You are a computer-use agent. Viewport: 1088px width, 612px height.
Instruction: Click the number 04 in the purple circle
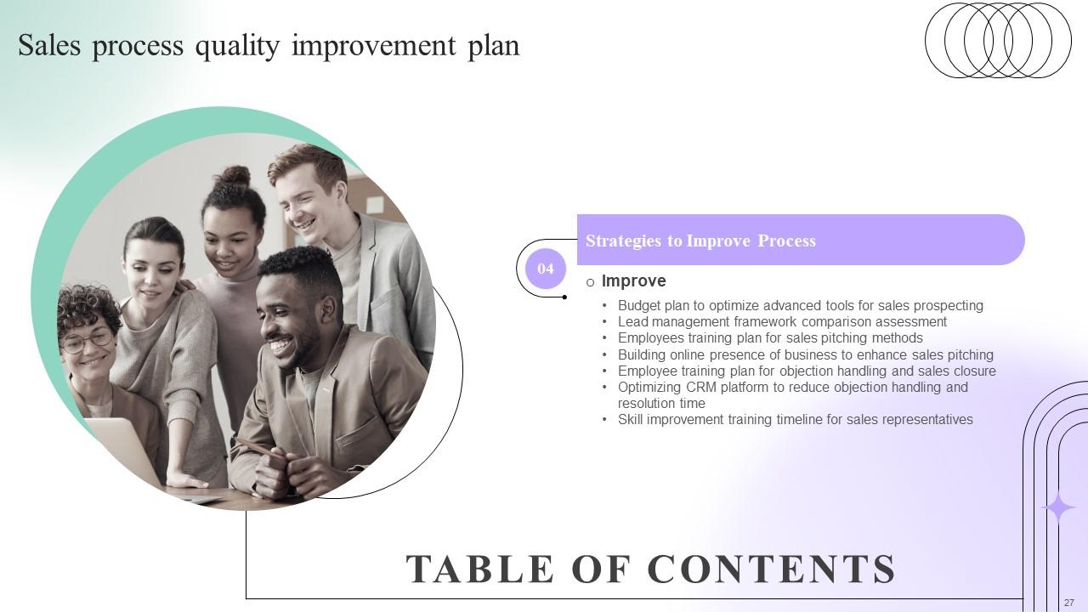545,269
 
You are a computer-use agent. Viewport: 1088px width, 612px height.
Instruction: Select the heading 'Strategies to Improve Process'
700,241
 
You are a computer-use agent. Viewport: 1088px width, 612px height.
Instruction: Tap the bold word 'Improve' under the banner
633,280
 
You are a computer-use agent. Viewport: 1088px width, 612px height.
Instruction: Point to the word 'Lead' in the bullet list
632,321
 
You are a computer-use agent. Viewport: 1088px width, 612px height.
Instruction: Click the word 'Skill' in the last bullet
632,419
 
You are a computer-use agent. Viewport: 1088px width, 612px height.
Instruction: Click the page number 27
1068,602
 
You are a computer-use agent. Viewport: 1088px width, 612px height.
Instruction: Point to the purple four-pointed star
1059,508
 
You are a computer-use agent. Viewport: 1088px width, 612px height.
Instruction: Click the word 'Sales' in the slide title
49,45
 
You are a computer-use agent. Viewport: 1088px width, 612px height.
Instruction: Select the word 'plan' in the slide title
493,45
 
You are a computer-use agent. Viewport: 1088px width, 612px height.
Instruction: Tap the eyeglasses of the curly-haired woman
87,340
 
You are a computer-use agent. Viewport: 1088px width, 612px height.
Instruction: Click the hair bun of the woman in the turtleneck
235,177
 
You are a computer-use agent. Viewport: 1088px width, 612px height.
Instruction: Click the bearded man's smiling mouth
280,347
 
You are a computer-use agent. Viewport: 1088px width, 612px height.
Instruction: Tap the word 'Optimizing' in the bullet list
649,387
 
